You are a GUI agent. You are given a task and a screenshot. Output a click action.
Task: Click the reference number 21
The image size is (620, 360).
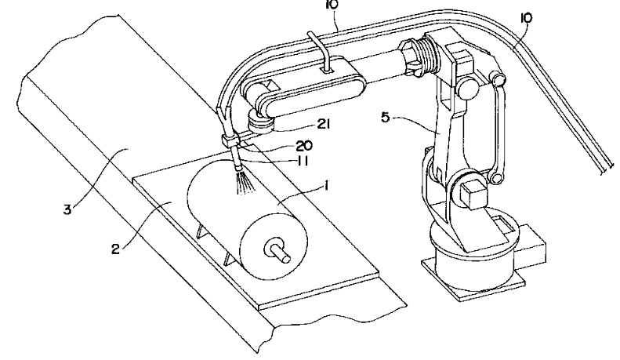click(x=324, y=124)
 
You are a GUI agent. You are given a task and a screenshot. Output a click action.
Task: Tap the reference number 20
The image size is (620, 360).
click(x=304, y=146)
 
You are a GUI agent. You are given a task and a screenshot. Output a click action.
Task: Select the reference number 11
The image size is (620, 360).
click(x=301, y=161)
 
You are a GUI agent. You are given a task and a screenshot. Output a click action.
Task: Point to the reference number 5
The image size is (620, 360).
click(x=386, y=118)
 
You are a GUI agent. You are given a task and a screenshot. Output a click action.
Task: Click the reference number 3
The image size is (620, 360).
click(x=67, y=209)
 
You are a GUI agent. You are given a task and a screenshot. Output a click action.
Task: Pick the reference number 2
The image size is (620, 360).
click(x=115, y=249)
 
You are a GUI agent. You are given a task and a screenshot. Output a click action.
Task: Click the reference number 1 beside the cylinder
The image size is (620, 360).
click(x=327, y=186)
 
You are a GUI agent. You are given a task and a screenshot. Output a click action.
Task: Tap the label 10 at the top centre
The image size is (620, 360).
click(x=332, y=5)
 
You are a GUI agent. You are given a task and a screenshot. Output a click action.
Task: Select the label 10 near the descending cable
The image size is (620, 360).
click(x=526, y=18)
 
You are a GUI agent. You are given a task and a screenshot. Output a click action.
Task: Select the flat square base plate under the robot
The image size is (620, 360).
click(x=473, y=279)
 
